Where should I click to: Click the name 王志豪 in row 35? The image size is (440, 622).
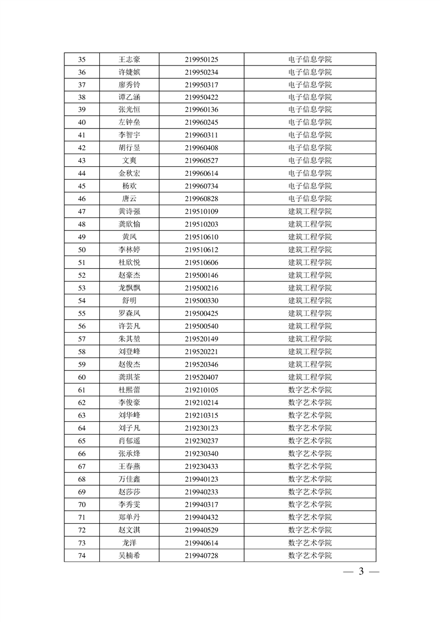[129, 59]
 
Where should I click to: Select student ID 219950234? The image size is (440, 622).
[201, 72]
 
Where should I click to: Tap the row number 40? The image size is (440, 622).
[82, 123]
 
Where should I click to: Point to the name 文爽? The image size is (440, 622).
[129, 161]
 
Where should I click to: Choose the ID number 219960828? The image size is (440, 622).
[201, 198]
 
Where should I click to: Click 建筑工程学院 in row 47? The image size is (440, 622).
[310, 211]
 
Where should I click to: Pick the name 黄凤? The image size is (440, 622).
[129, 237]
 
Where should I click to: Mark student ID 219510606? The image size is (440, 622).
[201, 262]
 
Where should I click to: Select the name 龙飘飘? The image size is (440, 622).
[129, 288]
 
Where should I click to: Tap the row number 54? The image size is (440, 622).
[82, 300]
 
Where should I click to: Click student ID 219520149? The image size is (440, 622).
[201, 339]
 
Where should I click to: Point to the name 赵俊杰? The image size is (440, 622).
[129, 364]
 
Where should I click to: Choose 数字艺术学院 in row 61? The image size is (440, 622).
[310, 390]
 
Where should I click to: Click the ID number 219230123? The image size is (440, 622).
[201, 428]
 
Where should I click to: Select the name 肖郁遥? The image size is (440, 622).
[129, 441]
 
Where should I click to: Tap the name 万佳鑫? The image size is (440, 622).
[129, 479]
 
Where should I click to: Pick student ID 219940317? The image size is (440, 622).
[201, 504]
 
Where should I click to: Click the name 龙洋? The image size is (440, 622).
[129, 543]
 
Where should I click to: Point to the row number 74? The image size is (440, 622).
[82, 555]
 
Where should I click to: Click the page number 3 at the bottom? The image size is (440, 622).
[361, 572]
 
